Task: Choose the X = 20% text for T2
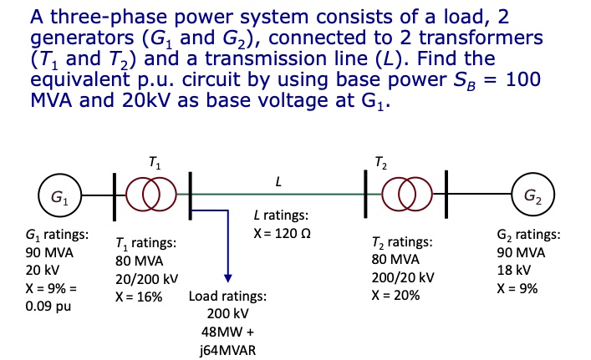click(x=395, y=296)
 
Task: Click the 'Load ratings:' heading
click(x=228, y=297)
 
